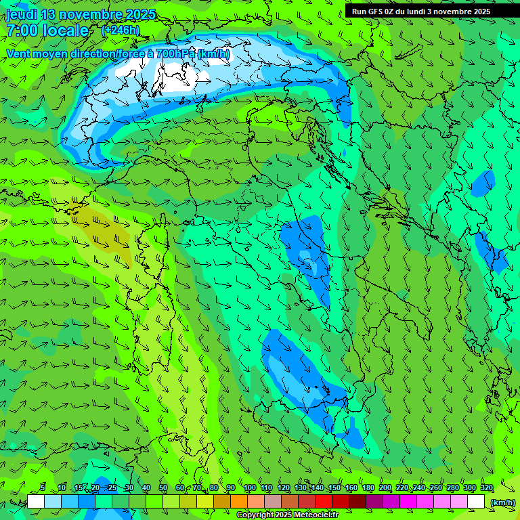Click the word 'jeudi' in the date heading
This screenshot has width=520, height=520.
tap(21, 14)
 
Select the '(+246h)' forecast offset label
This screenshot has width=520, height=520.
tap(121, 30)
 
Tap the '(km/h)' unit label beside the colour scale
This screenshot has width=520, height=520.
tap(502, 502)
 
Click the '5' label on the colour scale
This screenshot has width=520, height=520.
tap(43, 488)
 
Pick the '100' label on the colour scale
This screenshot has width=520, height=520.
tap(249, 488)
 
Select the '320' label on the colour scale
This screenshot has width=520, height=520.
tap(486, 488)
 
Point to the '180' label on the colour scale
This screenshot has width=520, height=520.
tap(368, 488)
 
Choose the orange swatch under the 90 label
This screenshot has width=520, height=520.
tap(239, 502)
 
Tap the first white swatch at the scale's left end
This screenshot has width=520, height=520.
tap(36, 502)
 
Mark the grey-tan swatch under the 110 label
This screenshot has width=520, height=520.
tap(273, 502)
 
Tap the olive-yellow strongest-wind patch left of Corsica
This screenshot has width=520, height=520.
tap(100, 230)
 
